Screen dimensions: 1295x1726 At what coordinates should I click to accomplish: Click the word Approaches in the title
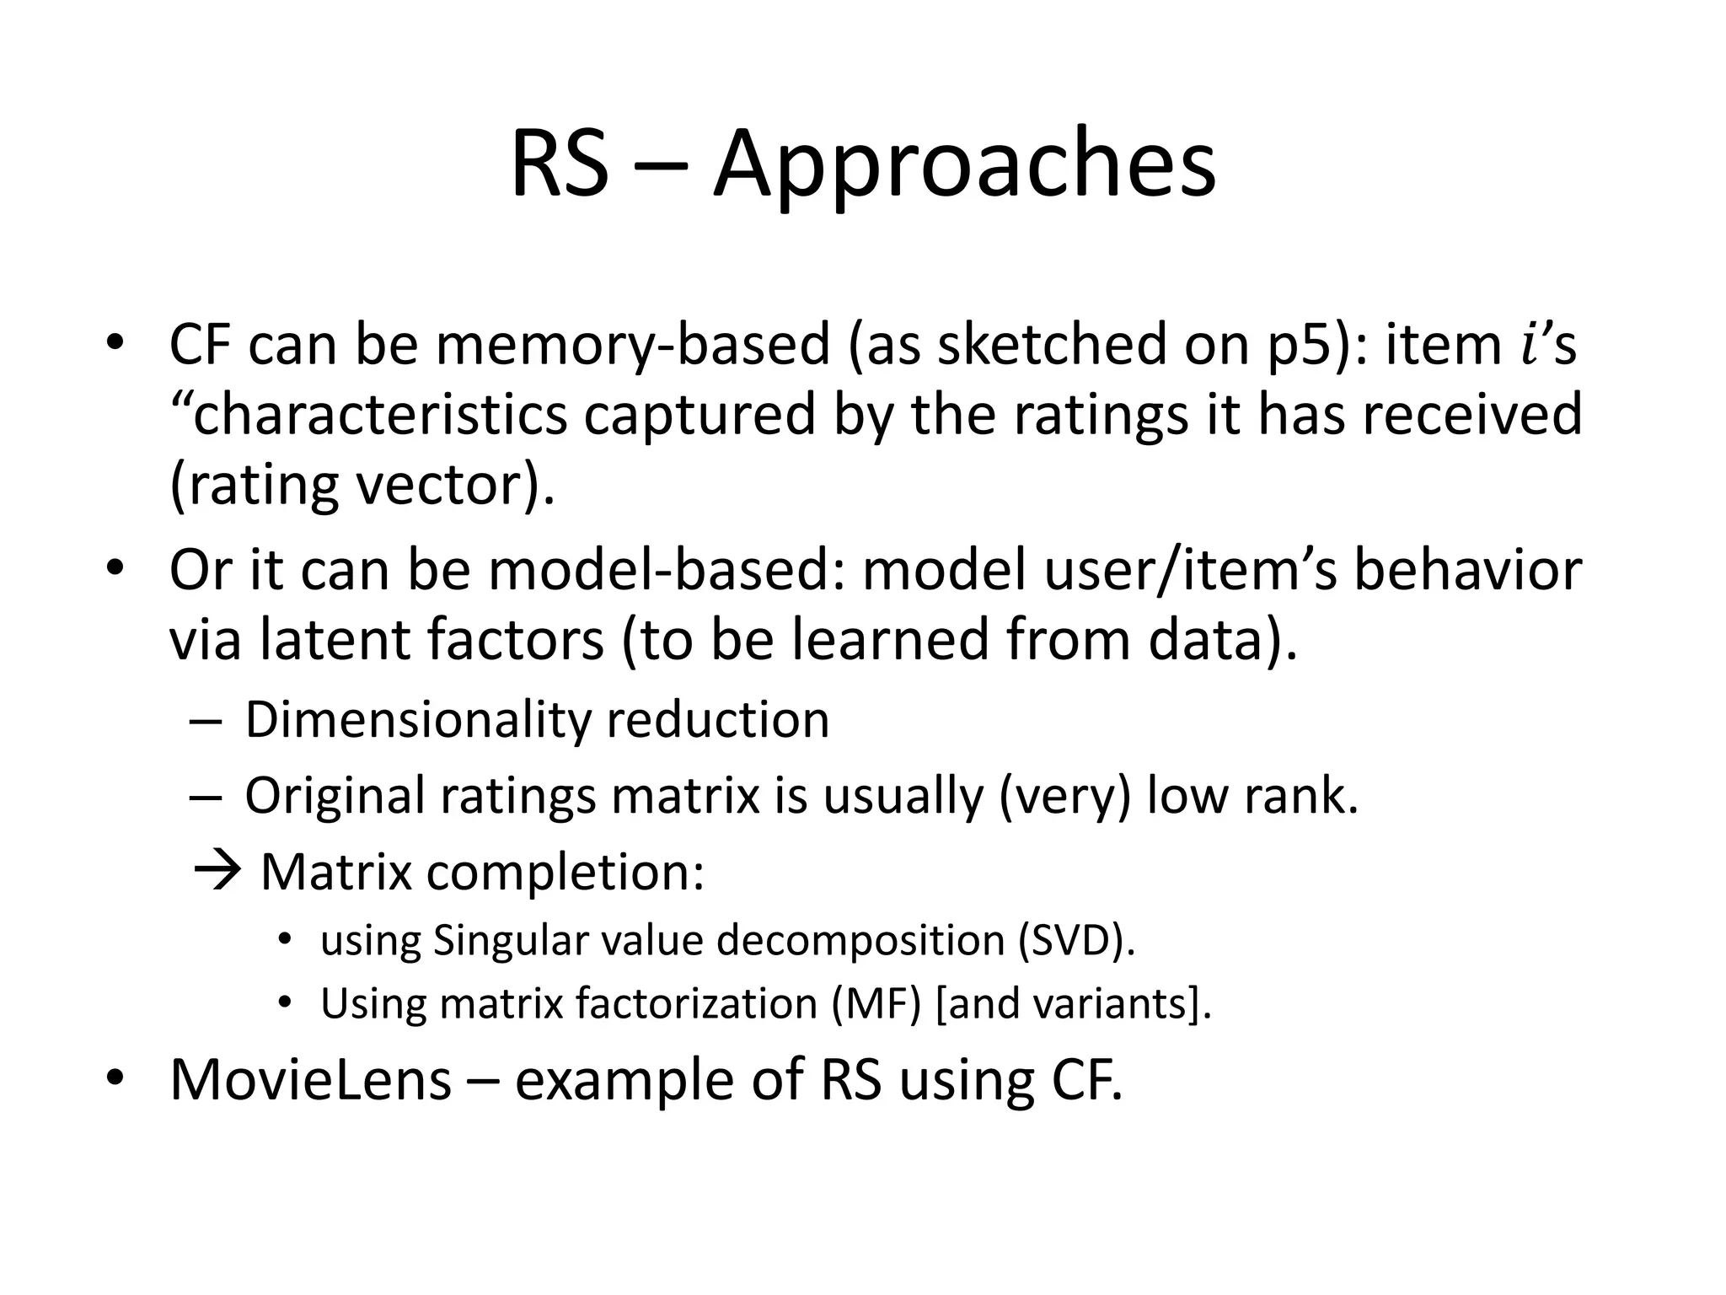click(x=964, y=164)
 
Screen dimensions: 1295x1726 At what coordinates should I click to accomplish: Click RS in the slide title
click(x=559, y=164)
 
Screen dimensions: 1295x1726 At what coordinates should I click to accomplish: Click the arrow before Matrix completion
click(x=217, y=870)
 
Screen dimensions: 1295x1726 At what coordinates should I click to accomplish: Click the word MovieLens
click(x=310, y=1079)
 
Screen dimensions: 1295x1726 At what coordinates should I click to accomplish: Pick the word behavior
click(x=1467, y=570)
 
